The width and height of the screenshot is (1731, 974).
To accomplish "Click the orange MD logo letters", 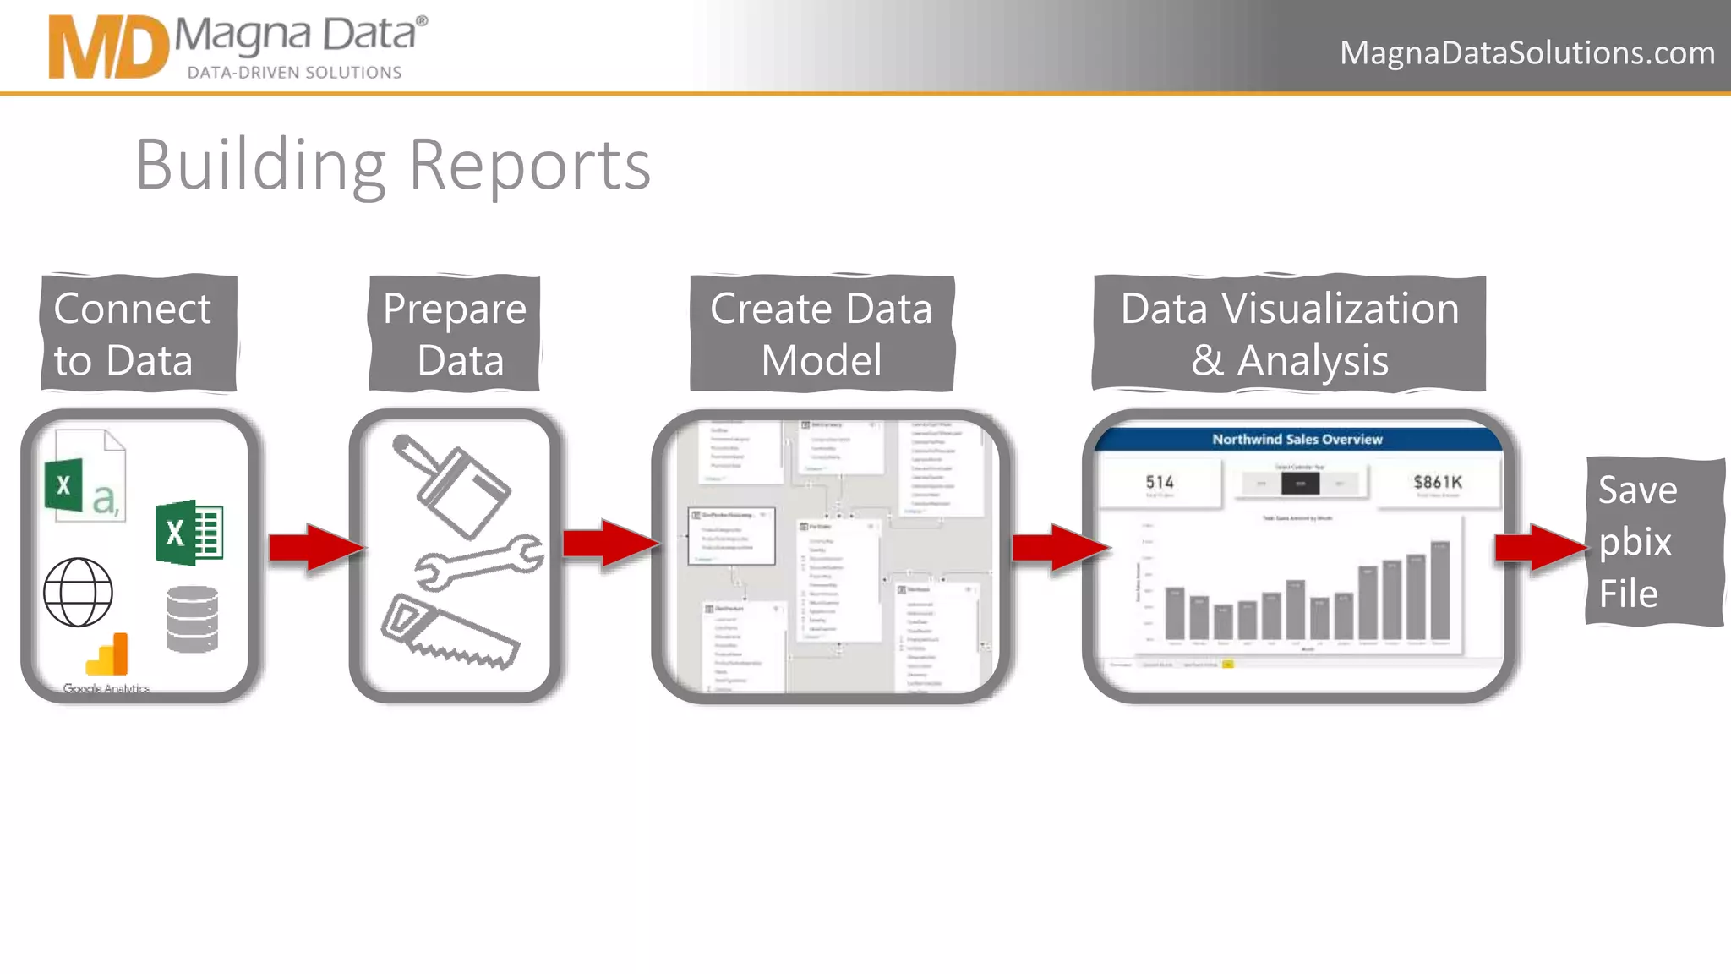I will (x=108, y=47).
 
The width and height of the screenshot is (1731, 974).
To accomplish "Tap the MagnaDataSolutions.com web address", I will (x=1526, y=52).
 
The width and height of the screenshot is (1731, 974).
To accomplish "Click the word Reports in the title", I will (x=529, y=165).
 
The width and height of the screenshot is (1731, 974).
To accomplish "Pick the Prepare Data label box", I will (x=455, y=333).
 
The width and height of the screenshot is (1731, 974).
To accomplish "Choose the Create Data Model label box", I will (x=822, y=333).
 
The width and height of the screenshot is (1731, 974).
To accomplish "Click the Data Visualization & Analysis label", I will (x=1289, y=333).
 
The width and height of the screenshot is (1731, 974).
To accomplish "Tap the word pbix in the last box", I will (x=1635, y=542).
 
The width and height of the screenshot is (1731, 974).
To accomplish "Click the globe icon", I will (x=78, y=592).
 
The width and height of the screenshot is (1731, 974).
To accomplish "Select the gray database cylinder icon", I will (x=193, y=619).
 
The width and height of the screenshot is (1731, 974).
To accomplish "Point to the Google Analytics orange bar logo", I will (x=108, y=654).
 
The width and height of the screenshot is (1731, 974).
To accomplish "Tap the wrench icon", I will (x=479, y=561).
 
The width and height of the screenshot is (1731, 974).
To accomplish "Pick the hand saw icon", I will (x=450, y=632).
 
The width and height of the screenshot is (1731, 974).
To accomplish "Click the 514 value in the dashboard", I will (x=1160, y=482).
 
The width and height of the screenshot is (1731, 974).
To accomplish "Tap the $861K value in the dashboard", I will (x=1437, y=482).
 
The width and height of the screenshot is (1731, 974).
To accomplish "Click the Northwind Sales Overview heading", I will (x=1297, y=439).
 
